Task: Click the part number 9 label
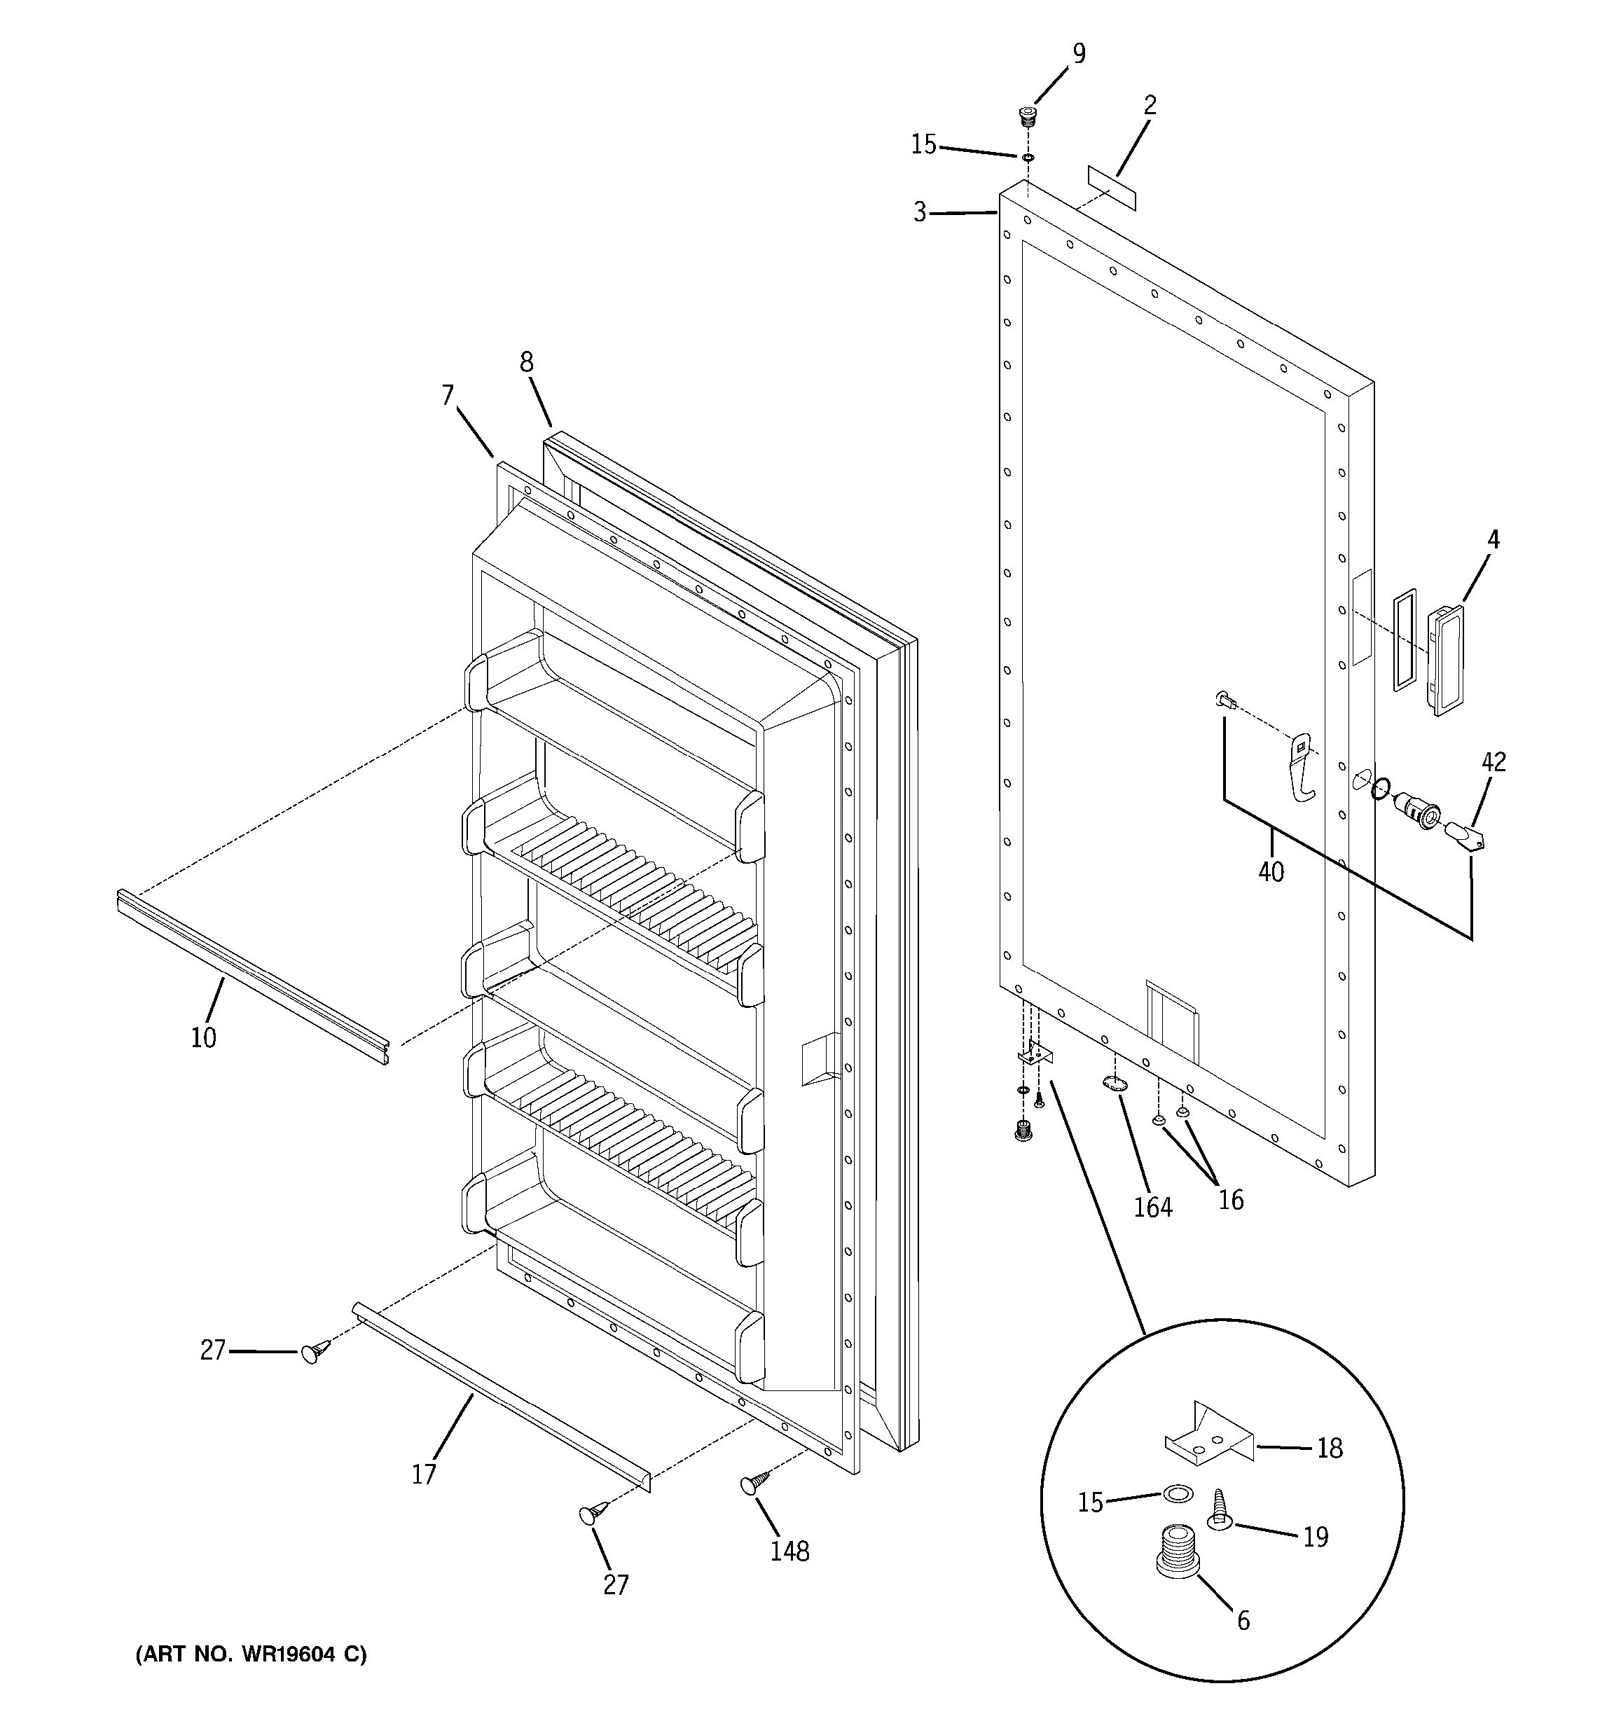[x=1078, y=54]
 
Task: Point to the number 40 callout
[x=1271, y=871]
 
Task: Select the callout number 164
[x=1152, y=1208]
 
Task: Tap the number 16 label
[x=1231, y=1200]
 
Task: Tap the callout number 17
[x=423, y=1474]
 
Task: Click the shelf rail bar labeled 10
[x=252, y=974]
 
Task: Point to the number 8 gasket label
[x=527, y=361]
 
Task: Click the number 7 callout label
[x=448, y=396]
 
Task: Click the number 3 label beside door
[x=920, y=212]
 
